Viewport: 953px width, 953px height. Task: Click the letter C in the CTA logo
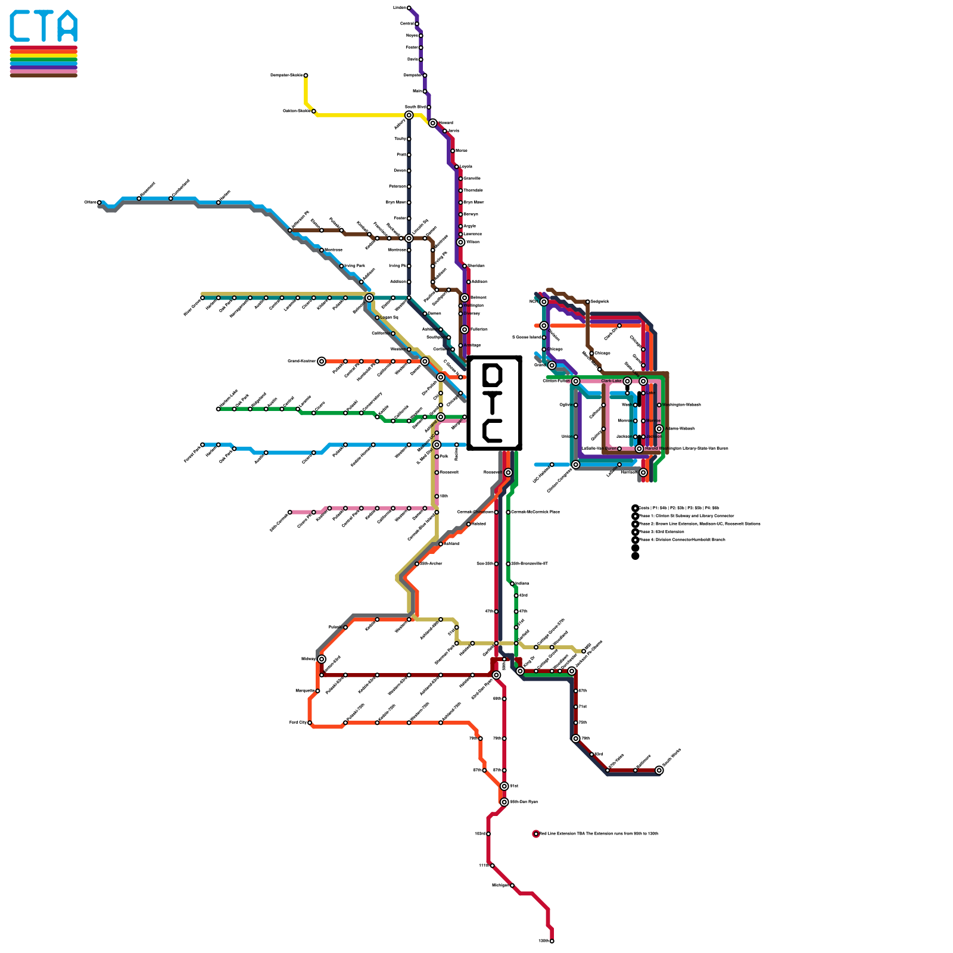click(21, 26)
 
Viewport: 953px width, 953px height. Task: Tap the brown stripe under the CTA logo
click(43, 75)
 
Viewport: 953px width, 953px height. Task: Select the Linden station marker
click(409, 8)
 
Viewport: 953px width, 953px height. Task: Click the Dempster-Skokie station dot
click(306, 75)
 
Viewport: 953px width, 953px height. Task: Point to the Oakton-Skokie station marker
click(314, 111)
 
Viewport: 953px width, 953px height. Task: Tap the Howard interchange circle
click(432, 123)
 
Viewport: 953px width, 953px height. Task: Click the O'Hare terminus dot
click(99, 203)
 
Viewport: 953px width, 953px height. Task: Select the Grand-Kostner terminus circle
click(322, 361)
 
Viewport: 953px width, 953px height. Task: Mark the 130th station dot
click(552, 941)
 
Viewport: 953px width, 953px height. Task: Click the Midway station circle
click(322, 659)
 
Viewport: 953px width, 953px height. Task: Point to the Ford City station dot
click(310, 722)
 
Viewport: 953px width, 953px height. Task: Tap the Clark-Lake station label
click(611, 381)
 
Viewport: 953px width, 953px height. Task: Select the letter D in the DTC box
click(493, 375)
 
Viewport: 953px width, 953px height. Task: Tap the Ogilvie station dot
click(575, 405)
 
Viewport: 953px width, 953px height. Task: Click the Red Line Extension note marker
click(536, 834)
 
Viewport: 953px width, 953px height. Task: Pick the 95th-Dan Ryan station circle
click(504, 802)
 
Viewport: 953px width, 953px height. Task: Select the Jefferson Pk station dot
click(290, 230)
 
